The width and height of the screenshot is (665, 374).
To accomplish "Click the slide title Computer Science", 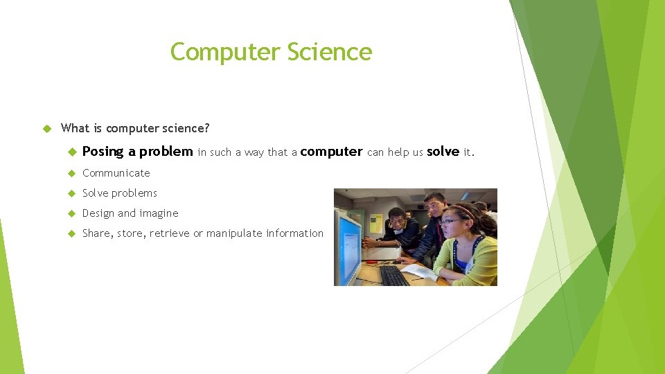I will (271, 52).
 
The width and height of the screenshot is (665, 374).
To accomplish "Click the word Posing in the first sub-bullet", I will (103, 152).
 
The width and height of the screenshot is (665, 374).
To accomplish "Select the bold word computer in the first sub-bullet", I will (331, 152).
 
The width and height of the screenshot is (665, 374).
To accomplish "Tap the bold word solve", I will (443, 152).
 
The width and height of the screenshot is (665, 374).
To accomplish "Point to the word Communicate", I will (116, 173).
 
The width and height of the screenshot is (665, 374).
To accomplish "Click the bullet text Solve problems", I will (119, 193).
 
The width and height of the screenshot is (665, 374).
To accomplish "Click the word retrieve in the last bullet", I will (168, 233).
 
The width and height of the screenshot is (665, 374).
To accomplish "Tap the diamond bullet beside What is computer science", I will (47, 128).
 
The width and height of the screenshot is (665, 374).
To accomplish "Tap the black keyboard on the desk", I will (394, 275).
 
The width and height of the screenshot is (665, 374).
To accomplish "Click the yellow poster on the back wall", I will (376, 222).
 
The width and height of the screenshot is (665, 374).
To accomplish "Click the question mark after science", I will (206, 128).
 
